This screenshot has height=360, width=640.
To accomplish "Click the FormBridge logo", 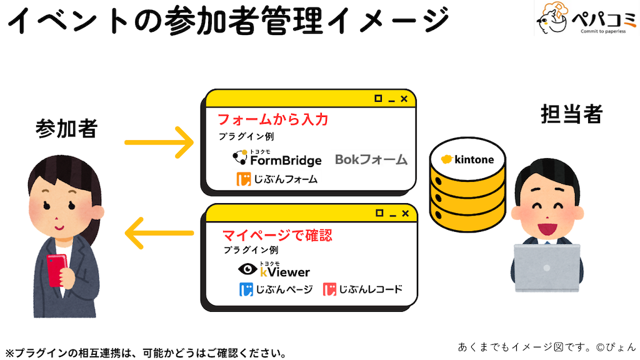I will [277, 158].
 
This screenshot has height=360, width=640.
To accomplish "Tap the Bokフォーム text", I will [371, 159].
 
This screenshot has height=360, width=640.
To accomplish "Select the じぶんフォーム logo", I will [277, 179].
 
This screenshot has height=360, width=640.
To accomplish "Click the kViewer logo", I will [274, 270].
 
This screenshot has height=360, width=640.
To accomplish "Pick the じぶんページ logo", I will [276, 289].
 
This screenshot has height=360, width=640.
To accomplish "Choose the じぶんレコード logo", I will [362, 289].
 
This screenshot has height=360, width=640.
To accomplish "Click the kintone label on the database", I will [467, 159].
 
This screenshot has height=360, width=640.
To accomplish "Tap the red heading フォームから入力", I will [272, 119].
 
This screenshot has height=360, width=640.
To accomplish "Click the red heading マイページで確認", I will [277, 236].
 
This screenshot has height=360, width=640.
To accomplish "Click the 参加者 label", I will [66, 129].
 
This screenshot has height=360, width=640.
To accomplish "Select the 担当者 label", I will [571, 114].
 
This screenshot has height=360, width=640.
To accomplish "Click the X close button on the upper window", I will [404, 99].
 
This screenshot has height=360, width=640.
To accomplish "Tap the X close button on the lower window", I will [404, 213].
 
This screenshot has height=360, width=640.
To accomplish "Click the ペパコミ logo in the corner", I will [585, 19].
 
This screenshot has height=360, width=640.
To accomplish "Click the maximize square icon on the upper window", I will [377, 99].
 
